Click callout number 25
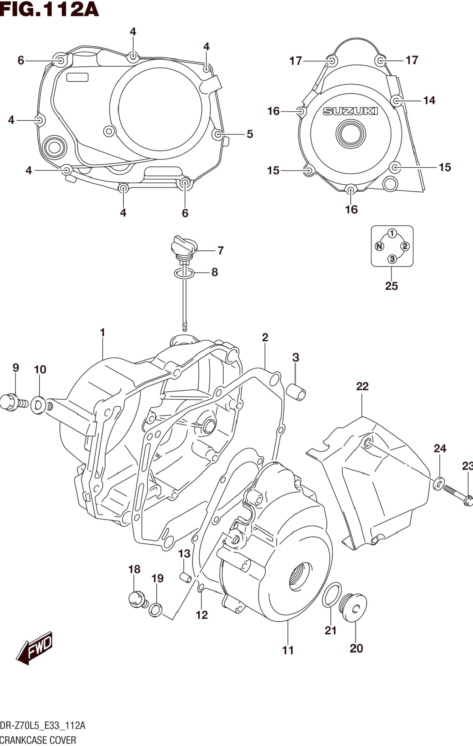391,286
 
